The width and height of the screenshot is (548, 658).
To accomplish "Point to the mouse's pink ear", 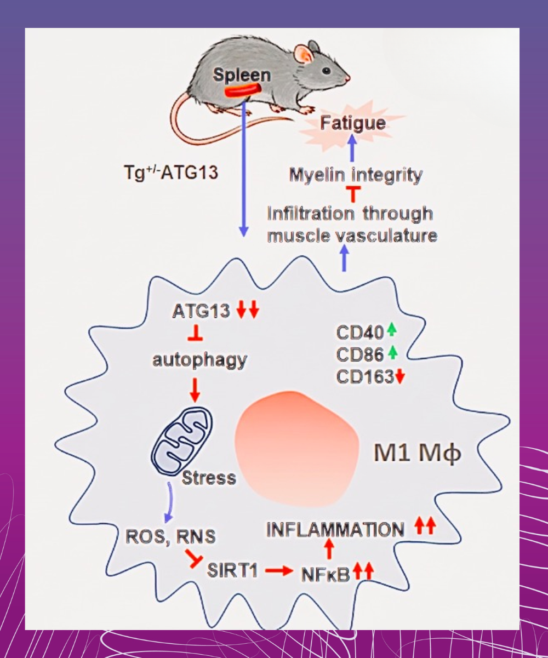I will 302,54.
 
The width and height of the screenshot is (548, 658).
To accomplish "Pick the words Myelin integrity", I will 356,175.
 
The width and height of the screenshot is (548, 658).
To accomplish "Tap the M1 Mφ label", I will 418,454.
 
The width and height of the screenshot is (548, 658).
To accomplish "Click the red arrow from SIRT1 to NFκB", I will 278,571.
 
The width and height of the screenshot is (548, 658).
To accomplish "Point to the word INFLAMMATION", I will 336,529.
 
